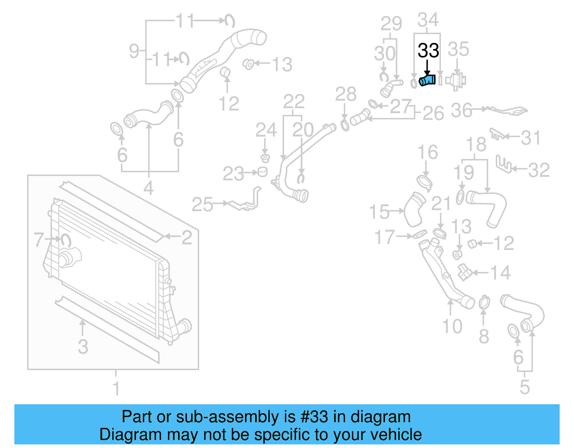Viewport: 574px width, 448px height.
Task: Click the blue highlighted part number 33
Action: (428, 80)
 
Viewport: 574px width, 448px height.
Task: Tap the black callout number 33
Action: (428, 51)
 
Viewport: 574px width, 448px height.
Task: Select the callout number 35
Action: (458, 49)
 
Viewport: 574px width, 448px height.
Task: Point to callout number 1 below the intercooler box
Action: (116, 388)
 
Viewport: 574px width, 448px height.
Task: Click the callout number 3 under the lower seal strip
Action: (83, 347)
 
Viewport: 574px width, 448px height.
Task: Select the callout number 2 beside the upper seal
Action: (187, 237)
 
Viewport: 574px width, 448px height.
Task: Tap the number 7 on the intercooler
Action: (39, 240)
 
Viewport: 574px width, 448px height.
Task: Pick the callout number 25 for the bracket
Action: (202, 204)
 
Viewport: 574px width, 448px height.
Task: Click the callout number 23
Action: (233, 174)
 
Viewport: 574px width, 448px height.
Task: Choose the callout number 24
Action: (266, 130)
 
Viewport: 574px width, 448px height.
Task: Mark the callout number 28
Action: (346, 94)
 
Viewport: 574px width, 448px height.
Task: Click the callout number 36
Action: (461, 110)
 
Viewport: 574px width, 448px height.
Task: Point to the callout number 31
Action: (531, 138)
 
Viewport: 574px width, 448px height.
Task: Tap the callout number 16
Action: (428, 152)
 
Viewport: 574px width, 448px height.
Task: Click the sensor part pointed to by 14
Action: (465, 273)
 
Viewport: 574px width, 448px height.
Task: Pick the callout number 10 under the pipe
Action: (452, 326)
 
